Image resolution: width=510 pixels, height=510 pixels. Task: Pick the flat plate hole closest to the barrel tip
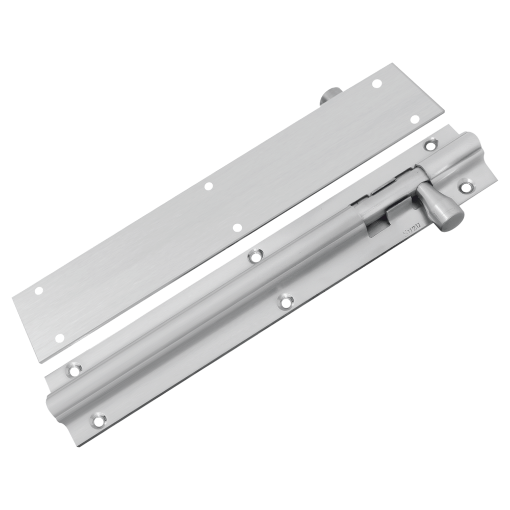click(416, 118)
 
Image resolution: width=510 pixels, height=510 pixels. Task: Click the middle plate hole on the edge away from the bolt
click(208, 186)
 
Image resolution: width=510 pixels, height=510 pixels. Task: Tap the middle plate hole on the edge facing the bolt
click(237, 227)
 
